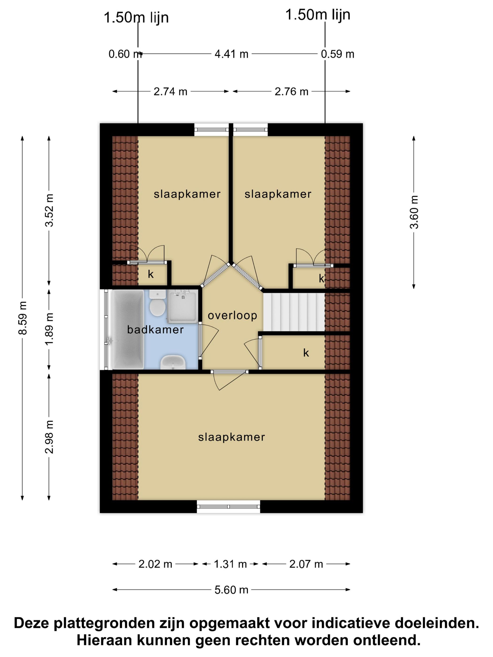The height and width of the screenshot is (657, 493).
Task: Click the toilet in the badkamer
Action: [157, 303]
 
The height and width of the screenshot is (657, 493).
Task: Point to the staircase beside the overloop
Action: [294, 312]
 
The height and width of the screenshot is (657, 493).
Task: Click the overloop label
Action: [232, 315]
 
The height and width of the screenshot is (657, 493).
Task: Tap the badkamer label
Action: [155, 330]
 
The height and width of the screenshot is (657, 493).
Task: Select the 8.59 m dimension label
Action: [23, 318]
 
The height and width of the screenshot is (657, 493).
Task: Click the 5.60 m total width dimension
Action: [231, 590]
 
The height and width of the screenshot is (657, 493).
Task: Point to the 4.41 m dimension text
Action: [231, 54]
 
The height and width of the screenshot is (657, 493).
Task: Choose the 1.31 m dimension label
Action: [230, 564]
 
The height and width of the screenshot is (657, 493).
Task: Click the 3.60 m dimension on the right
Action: [414, 212]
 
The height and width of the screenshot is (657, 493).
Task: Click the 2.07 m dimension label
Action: [306, 564]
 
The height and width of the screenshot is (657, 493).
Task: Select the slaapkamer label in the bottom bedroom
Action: [231, 437]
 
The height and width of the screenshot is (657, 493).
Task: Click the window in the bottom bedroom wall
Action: [228, 506]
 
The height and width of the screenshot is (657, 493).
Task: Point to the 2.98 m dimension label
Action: [49, 437]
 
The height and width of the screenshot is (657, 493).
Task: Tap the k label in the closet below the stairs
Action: [306, 353]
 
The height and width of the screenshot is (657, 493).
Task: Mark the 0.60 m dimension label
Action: [125, 54]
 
